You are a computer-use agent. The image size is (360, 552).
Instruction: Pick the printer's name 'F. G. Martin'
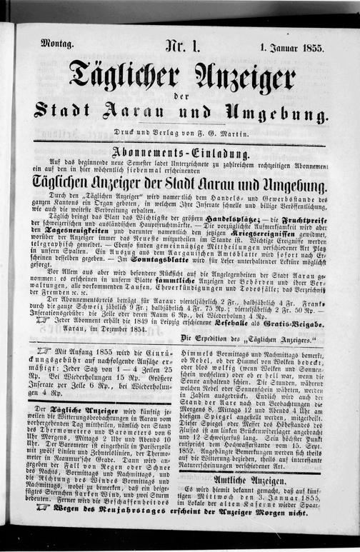(228, 134)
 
